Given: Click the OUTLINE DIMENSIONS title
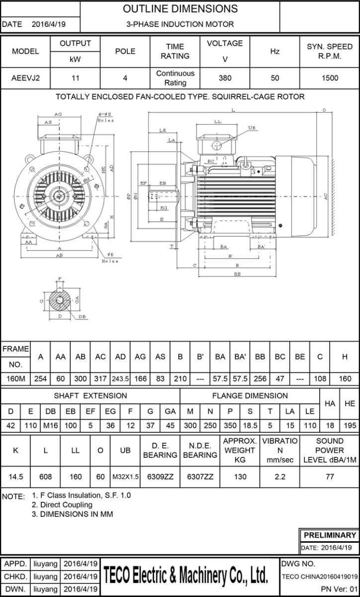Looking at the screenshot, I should coord(180,9).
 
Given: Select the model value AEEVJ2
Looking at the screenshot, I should coord(25,78).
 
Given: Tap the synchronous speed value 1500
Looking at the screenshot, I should coord(330,78).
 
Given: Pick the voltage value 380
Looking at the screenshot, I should coord(225,78).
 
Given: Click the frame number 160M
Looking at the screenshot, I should coord(15,379).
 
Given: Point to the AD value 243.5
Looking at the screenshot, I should coord(120,379).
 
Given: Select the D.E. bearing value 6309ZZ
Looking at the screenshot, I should coord(160,476).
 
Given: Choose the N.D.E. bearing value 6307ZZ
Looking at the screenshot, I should coord(200,476).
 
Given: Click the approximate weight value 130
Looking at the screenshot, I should coord(240,476).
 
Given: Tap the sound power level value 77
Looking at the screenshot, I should coord(330,476).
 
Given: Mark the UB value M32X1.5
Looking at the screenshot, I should coord(125,476).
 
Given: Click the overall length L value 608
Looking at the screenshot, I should coord(45,476).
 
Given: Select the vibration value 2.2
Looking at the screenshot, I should coord(280,476).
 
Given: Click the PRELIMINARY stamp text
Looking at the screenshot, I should coord(330,535).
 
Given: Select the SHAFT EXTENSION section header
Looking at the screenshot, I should coord(90,396).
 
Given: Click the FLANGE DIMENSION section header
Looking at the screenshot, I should coord(250,396).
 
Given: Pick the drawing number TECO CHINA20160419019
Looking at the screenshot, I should coord(319,577).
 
